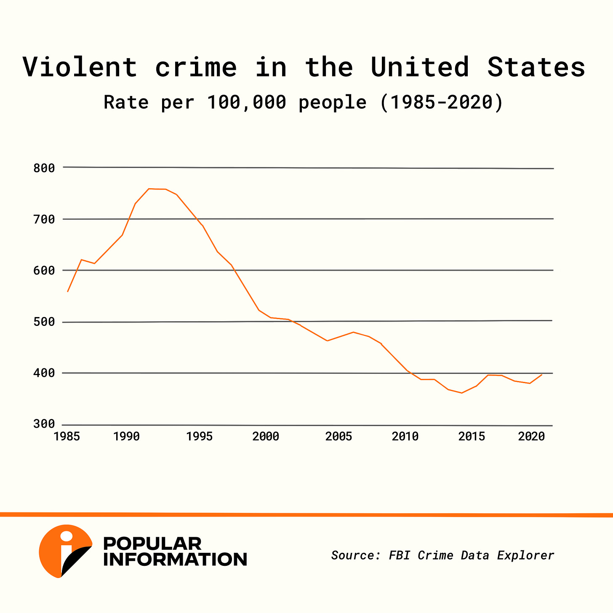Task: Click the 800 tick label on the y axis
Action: tap(44, 168)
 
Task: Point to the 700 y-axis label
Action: tap(44, 219)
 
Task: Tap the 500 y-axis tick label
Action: tap(44, 322)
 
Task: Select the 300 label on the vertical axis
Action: tap(44, 424)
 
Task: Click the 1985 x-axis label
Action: tap(67, 437)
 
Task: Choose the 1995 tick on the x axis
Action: tap(200, 437)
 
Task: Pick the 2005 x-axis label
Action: tap(338, 437)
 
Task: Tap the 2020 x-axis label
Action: tap(531, 437)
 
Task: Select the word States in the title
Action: tap(536, 67)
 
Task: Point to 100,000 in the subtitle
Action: tap(247, 103)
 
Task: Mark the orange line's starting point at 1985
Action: tap(68, 291)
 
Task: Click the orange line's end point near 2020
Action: tap(541, 374)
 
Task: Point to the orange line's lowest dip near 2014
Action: tap(462, 393)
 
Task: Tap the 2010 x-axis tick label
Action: tap(405, 437)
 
